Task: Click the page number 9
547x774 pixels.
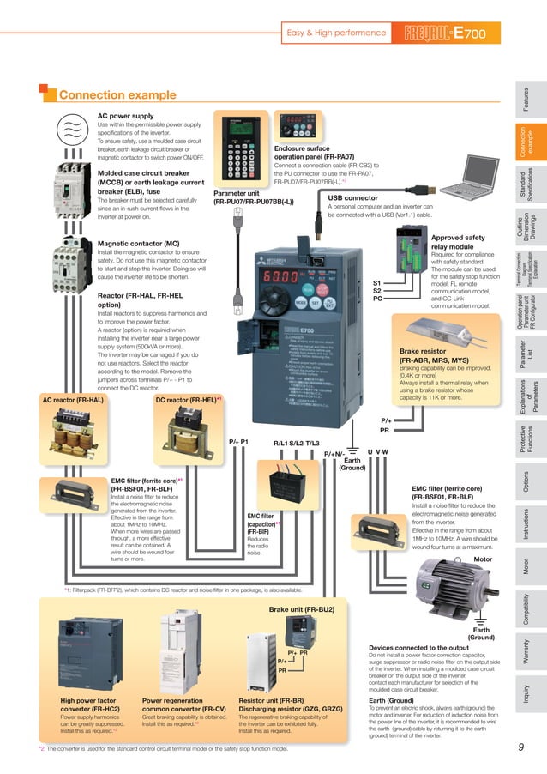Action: point(520,747)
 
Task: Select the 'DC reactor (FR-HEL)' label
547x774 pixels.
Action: point(188,399)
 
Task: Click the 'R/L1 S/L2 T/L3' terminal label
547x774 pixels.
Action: point(296,443)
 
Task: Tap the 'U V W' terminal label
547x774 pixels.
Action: point(377,451)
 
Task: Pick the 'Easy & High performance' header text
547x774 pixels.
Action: point(335,33)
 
